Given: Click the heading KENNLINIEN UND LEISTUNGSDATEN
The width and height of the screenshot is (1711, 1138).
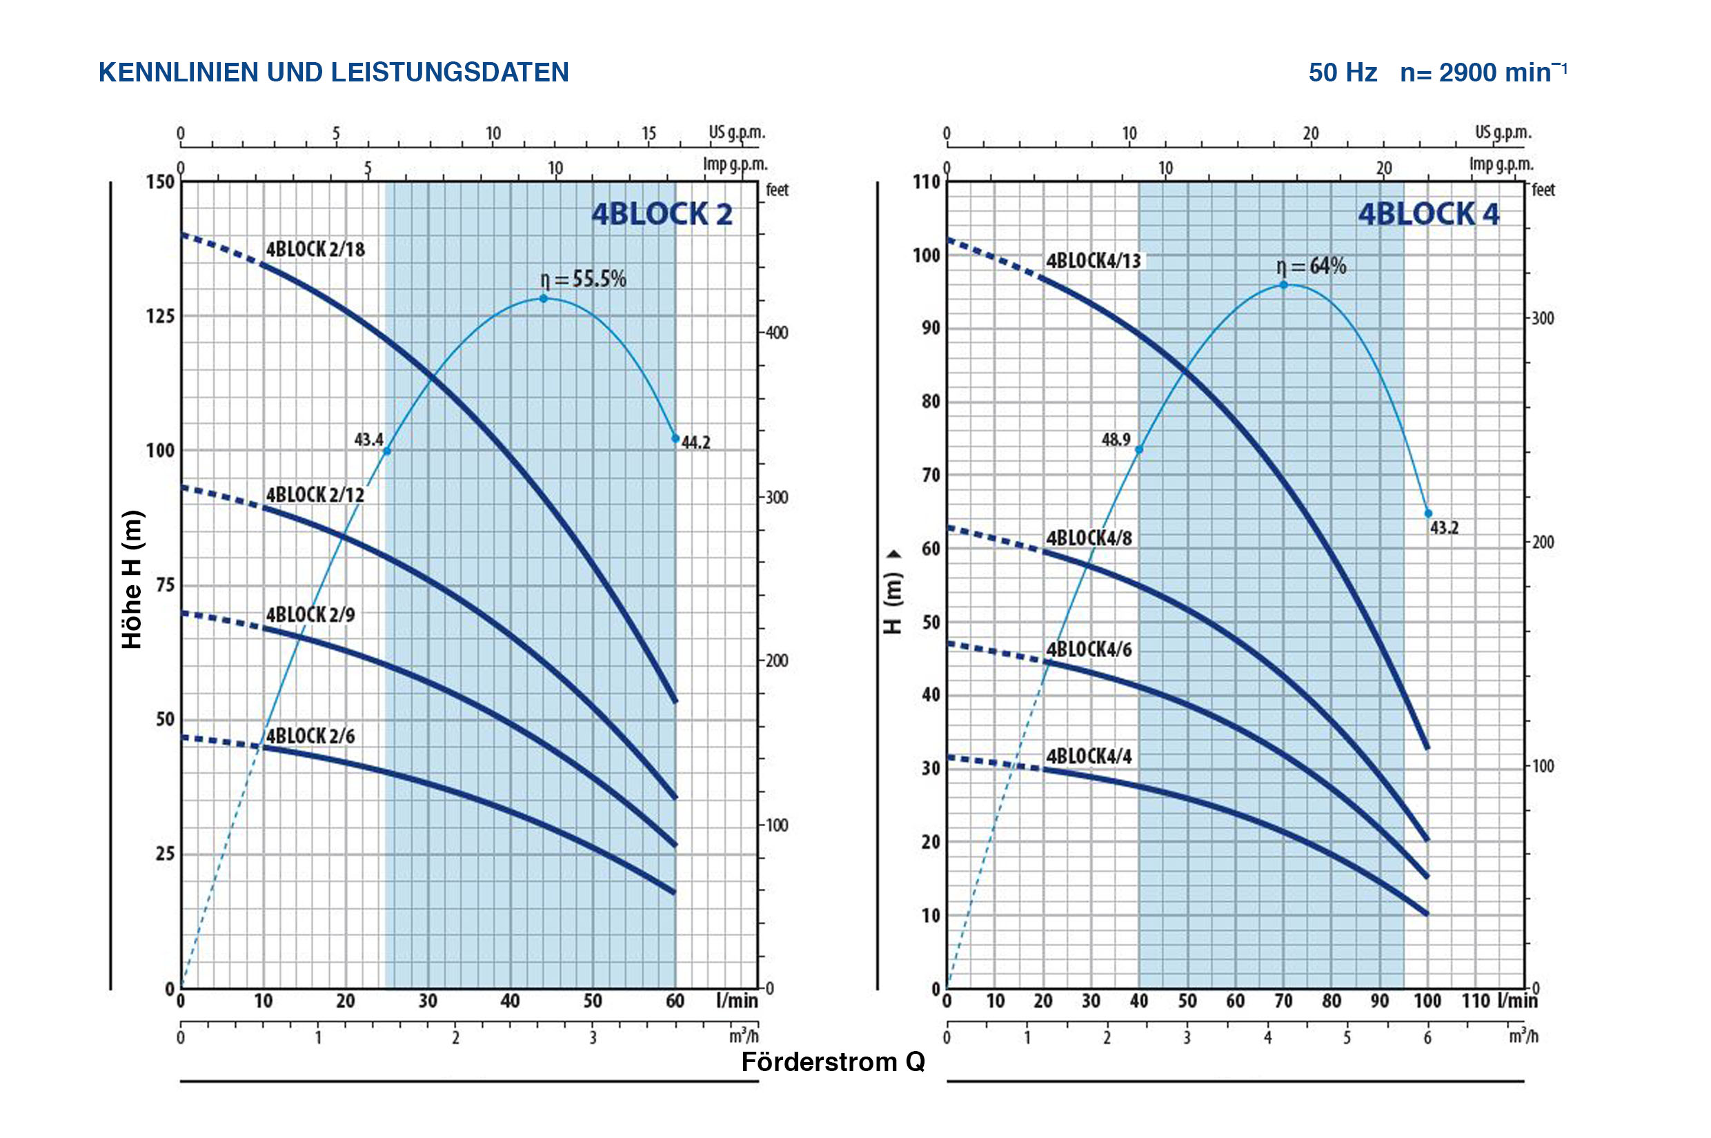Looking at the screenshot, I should (x=333, y=72).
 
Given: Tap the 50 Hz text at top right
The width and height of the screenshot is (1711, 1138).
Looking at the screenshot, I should (x=1343, y=72).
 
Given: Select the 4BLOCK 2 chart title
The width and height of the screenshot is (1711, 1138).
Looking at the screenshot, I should (x=662, y=214).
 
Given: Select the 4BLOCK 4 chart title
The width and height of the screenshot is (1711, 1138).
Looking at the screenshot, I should (x=1428, y=214).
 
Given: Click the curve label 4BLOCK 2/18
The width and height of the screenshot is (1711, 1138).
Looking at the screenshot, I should (x=315, y=250).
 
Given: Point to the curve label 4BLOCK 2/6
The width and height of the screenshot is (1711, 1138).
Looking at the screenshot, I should (x=310, y=736).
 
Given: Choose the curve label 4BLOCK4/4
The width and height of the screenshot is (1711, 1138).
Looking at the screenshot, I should (x=1089, y=756).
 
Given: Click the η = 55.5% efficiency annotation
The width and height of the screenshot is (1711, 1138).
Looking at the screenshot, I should (x=583, y=279).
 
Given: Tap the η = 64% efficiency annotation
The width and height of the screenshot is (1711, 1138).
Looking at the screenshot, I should (x=1311, y=266).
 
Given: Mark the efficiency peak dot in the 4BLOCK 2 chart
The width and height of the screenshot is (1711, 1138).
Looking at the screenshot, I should (x=544, y=298).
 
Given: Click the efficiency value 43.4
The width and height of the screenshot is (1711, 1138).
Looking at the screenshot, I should (x=368, y=440).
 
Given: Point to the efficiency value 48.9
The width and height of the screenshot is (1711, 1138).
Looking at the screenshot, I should (x=1116, y=440).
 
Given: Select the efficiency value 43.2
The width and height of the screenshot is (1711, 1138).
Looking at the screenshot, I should (x=1443, y=528).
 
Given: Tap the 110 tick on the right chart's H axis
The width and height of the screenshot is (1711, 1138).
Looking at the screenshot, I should (x=926, y=182).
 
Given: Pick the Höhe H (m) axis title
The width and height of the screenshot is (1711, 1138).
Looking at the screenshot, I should (x=132, y=579).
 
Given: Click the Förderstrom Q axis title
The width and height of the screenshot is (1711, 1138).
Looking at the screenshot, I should (x=833, y=1063).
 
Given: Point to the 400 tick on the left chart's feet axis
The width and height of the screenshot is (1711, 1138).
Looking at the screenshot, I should (x=776, y=333).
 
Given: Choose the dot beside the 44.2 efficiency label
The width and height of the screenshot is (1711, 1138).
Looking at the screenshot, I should (x=675, y=438).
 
